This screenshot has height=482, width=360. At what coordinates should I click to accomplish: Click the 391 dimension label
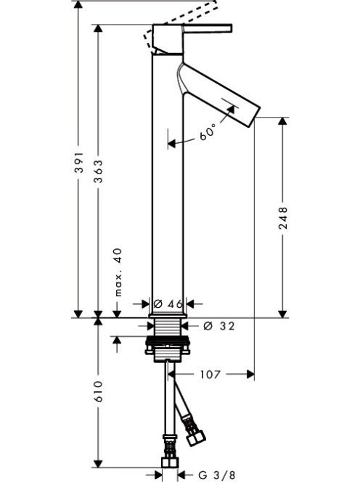click(x=79, y=162)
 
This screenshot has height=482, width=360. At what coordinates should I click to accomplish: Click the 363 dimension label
click(x=99, y=171)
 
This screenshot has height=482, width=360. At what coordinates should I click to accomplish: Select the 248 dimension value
click(x=283, y=218)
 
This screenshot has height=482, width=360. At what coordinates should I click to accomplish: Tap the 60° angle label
click(x=208, y=133)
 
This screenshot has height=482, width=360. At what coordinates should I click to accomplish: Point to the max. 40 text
click(x=118, y=272)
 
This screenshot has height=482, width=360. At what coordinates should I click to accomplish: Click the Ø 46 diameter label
click(x=168, y=304)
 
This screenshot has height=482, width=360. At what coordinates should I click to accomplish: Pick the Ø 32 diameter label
click(x=219, y=326)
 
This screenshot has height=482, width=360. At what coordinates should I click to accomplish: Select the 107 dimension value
click(x=210, y=375)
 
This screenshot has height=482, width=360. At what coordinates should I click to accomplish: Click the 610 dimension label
click(x=99, y=391)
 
